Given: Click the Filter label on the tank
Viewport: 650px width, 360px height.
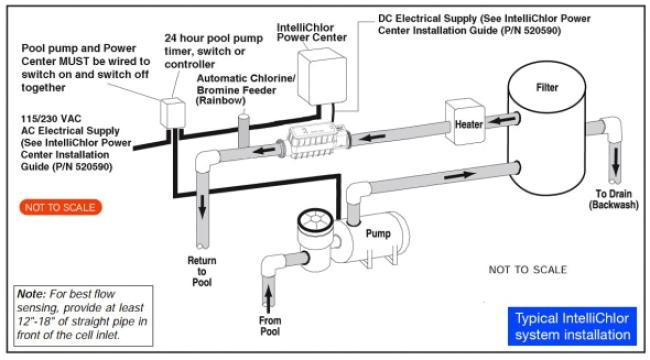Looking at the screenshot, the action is click(x=547, y=88).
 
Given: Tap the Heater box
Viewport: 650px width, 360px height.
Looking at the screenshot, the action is click(x=465, y=122).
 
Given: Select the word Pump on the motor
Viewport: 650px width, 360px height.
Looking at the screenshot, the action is click(x=378, y=234).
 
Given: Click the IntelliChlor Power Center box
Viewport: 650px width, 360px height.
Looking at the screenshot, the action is click(x=322, y=76).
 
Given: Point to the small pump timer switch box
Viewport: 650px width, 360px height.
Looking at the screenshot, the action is click(x=172, y=113).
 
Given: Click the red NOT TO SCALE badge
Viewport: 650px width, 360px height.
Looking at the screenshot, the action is click(x=61, y=207).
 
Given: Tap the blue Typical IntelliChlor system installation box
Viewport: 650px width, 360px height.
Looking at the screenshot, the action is click(x=572, y=326).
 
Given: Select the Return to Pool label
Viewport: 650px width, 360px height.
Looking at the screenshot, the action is click(x=202, y=272).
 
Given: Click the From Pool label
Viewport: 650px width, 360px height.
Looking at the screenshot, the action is click(x=270, y=326).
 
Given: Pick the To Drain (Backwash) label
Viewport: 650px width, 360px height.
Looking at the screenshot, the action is click(x=614, y=199).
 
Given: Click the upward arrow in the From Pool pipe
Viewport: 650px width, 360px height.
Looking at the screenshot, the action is click(x=269, y=300).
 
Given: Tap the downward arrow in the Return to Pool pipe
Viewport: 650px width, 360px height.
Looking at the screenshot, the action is click(x=202, y=206).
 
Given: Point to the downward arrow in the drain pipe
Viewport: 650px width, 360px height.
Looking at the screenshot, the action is click(x=616, y=161).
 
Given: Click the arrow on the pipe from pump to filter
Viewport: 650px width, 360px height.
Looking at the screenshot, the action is click(x=460, y=175).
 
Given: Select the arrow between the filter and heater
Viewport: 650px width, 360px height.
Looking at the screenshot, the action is click(x=502, y=120).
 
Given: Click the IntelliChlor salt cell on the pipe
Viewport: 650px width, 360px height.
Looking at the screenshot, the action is click(x=316, y=141).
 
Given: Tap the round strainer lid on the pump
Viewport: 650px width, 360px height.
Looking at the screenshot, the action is click(x=315, y=220).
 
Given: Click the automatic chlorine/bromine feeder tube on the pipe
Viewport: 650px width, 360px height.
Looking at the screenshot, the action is click(x=243, y=130).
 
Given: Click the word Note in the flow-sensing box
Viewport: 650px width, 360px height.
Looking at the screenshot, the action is click(x=32, y=294).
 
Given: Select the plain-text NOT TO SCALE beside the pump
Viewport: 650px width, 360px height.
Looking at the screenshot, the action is click(x=527, y=270).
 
